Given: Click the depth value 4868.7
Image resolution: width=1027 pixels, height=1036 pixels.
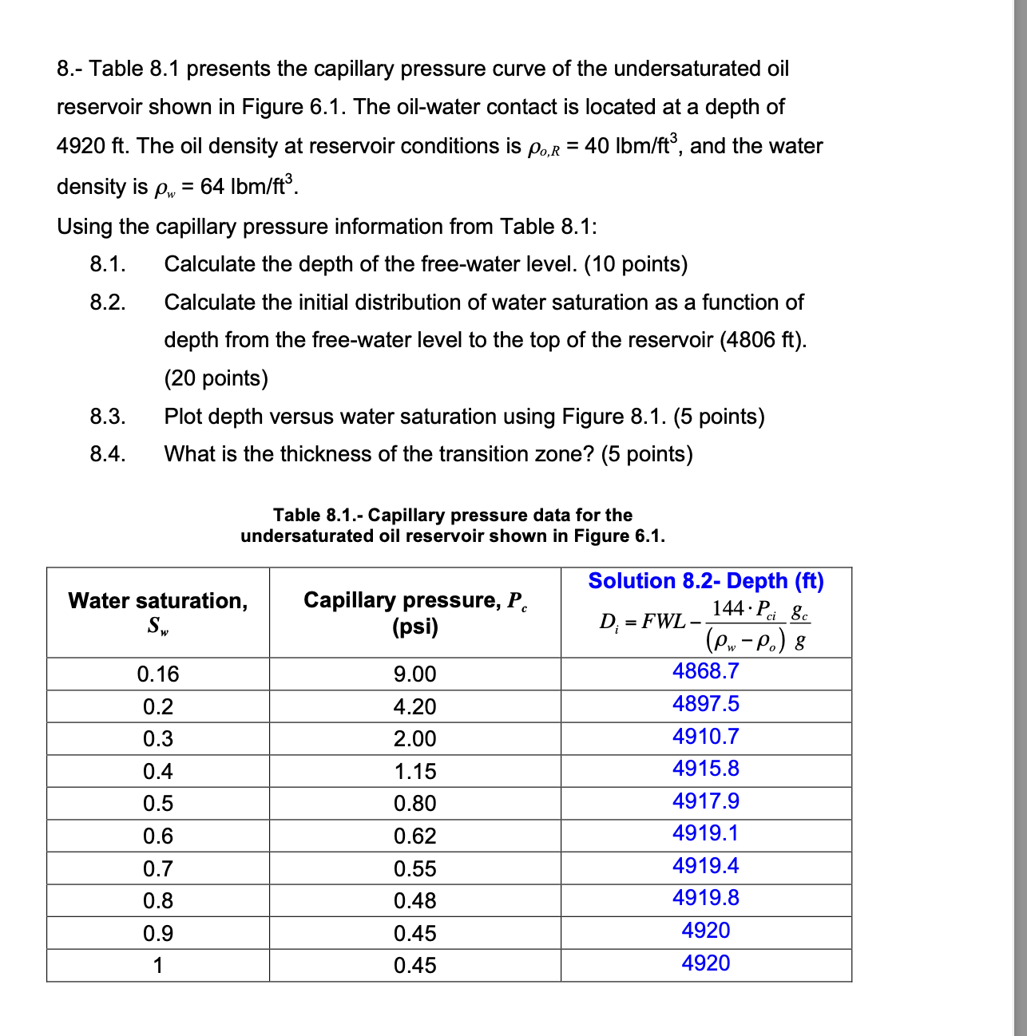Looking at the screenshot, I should (x=705, y=671).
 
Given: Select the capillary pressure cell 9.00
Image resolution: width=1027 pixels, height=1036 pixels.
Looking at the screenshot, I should (x=414, y=674).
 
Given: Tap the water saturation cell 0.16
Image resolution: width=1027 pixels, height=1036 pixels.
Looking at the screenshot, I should (x=158, y=674).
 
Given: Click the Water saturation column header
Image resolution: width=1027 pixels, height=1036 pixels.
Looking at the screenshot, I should (x=158, y=612).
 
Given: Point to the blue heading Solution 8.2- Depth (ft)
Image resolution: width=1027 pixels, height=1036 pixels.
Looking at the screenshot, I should (x=706, y=581).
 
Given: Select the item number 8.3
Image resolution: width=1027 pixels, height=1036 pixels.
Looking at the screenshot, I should (x=107, y=417).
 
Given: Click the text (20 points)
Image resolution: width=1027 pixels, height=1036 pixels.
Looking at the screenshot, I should (x=216, y=378).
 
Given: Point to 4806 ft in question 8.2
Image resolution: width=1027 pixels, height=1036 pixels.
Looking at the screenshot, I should (x=762, y=340).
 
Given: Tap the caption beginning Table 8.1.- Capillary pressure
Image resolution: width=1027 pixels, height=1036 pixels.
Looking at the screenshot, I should (x=453, y=525).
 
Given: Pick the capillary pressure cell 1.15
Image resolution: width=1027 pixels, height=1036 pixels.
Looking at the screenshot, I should (x=414, y=772).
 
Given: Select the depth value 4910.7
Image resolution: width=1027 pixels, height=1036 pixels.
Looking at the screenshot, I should (x=705, y=737).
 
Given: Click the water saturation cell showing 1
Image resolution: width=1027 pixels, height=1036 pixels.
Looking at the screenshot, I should (x=158, y=966).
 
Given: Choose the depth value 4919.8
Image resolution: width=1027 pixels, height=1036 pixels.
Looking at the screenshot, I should (x=705, y=898).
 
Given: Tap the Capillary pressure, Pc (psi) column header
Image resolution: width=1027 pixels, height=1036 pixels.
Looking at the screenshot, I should (x=414, y=612).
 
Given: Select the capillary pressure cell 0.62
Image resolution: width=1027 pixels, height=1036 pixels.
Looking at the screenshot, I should (x=414, y=836).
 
